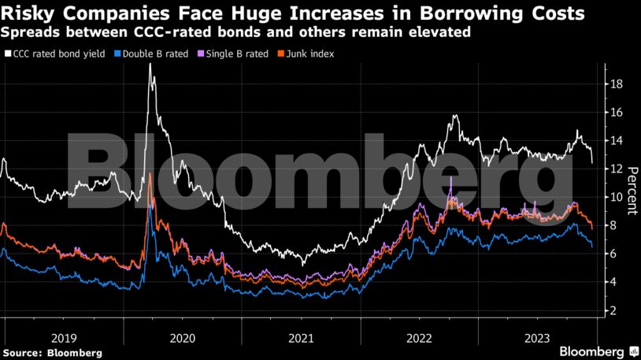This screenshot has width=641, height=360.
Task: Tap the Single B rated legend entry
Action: coord(235,54)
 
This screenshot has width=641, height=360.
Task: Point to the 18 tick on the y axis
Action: coord(619,84)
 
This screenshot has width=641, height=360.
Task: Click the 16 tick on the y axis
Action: coord(619,113)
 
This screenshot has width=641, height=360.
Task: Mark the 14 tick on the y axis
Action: coord(619,141)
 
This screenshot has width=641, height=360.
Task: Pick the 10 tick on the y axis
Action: coord(619,197)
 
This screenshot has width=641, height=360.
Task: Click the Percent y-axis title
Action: coord(631,189)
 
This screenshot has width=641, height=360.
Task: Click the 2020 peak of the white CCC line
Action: coord(150,64)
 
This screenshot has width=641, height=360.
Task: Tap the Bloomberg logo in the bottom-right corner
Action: coord(598,351)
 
